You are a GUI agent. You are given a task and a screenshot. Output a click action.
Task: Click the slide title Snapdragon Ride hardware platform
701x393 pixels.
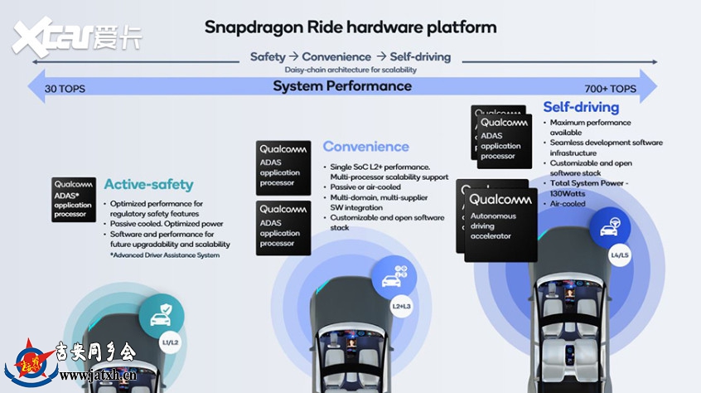pyautogui.click(x=350, y=27)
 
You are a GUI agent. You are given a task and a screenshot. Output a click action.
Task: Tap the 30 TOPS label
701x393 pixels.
pyautogui.click(x=65, y=89)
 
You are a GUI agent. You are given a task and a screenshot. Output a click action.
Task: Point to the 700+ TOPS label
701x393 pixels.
pyautogui.click(x=610, y=89)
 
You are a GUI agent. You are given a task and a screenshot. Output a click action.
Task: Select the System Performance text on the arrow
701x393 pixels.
pyautogui.click(x=342, y=86)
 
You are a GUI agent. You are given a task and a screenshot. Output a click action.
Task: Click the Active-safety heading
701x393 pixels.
pyautogui.click(x=149, y=184)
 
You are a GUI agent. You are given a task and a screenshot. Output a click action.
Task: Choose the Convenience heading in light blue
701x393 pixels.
pyautogui.click(x=365, y=146)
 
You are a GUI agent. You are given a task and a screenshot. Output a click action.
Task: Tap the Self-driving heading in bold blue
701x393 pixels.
pyautogui.click(x=581, y=107)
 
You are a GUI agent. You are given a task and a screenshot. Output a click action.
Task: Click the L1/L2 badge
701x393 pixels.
pyautogui.click(x=170, y=343)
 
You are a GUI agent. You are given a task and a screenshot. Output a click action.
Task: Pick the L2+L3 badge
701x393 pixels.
pyautogui.click(x=401, y=306)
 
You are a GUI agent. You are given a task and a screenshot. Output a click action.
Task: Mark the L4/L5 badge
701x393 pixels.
pyautogui.click(x=620, y=255)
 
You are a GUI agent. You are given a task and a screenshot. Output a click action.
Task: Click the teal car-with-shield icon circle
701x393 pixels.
pyautogui.click(x=162, y=316)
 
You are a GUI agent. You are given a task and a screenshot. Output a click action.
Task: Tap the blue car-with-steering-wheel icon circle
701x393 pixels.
pyautogui.click(x=610, y=227)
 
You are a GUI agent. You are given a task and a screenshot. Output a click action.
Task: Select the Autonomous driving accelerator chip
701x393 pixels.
pyautogui.click(x=500, y=225)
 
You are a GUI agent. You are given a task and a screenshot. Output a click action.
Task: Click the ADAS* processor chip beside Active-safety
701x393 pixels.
pyautogui.click(x=74, y=200)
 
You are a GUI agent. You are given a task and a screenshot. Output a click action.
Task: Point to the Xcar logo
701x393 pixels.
pyautogui.click(x=76, y=37)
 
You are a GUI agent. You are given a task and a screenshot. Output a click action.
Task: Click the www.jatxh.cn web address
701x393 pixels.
pyautogui.click(x=98, y=376)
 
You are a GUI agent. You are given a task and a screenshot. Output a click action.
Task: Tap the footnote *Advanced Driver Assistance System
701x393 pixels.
pyautogui.click(x=165, y=255)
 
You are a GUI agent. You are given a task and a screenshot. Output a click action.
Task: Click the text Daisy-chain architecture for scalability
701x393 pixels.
pyautogui.click(x=350, y=70)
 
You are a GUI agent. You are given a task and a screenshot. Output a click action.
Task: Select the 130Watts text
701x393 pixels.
pyautogui.click(x=568, y=193)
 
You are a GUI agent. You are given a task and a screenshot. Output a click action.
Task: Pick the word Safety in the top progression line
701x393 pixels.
pyautogui.click(x=268, y=56)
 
